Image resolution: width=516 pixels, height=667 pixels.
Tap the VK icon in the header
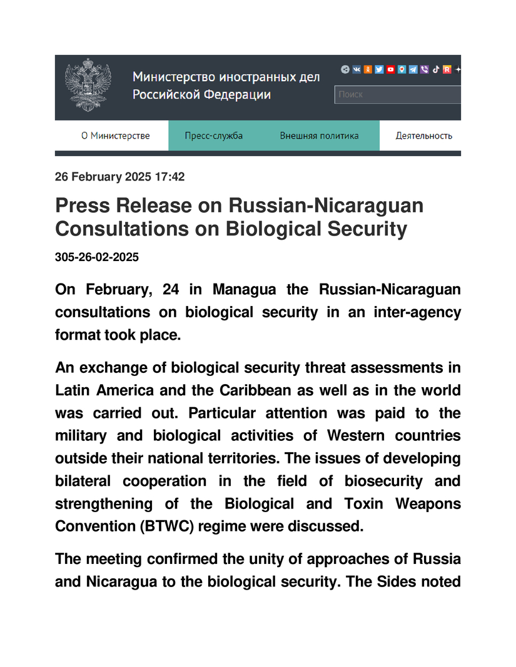(357, 70)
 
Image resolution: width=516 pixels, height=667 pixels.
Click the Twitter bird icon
(379, 70)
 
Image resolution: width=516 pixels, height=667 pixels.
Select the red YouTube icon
(390, 70)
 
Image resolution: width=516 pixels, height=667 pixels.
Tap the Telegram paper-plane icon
(413, 70)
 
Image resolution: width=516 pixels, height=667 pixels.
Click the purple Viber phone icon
(424, 70)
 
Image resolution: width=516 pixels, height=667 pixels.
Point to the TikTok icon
(435, 70)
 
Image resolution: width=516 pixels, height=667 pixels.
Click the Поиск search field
(398, 95)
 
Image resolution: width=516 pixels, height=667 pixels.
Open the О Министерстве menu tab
(116, 136)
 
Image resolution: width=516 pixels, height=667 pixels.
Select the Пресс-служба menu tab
(214, 136)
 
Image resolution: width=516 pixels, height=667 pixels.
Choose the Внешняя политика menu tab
(319, 136)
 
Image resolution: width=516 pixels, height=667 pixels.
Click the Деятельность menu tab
(423, 136)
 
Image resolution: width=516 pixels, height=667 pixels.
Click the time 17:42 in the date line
(169, 177)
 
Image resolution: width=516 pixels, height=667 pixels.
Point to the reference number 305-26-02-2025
(97, 257)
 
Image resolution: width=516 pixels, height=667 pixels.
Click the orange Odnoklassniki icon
(368, 70)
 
